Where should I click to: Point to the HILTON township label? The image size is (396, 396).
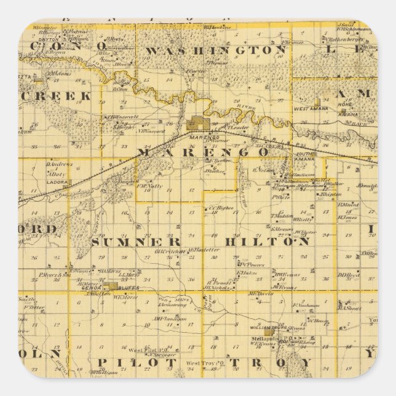(266, 242)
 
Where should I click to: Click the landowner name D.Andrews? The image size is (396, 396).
(57, 164)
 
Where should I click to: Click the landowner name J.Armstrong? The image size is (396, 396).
(172, 304)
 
